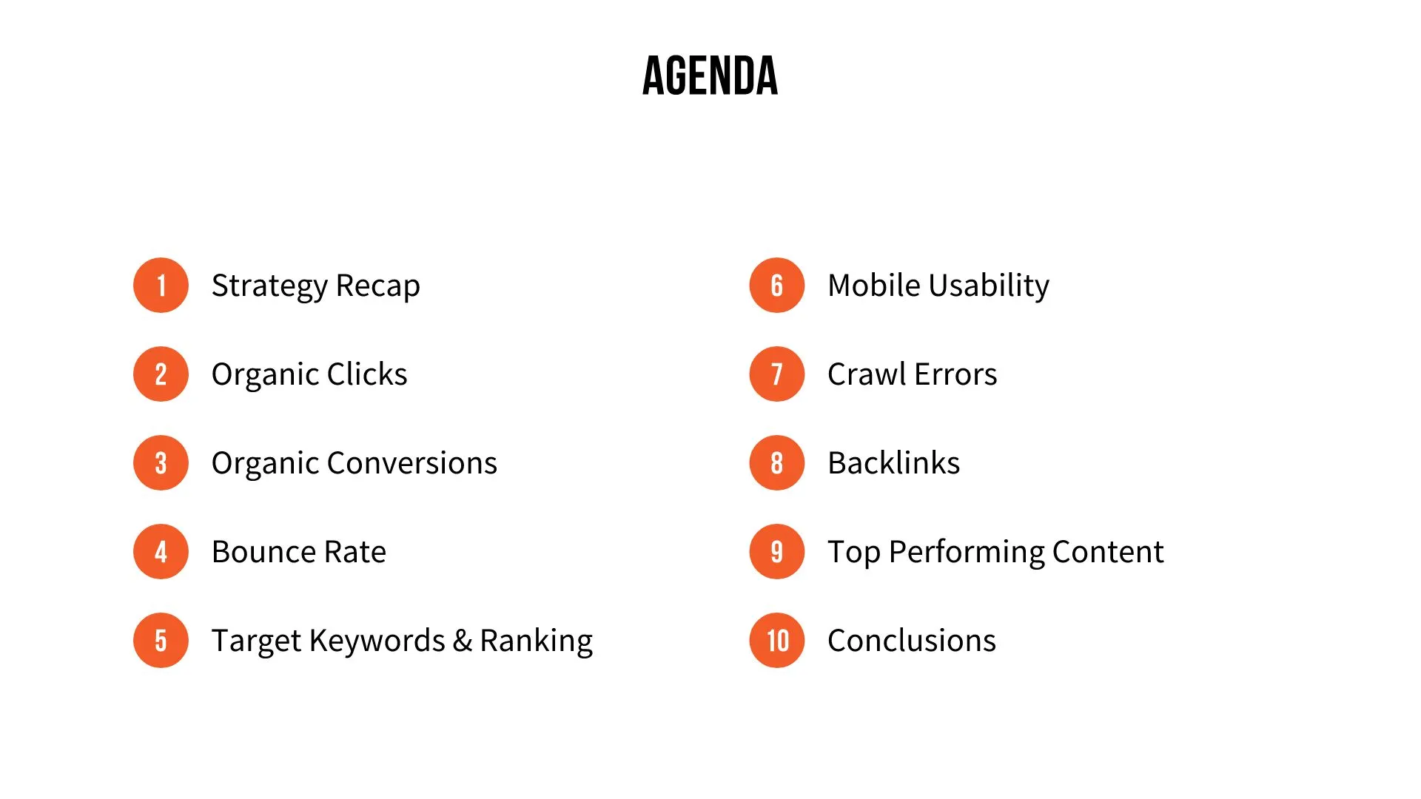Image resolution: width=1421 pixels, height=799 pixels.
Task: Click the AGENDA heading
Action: pos(710,75)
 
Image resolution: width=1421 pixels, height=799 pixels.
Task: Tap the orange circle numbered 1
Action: pos(161,286)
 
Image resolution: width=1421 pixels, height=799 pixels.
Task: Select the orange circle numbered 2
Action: pos(161,374)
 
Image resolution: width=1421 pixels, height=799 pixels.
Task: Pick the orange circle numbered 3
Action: pos(161,463)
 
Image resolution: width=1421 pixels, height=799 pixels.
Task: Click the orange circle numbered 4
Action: pos(161,552)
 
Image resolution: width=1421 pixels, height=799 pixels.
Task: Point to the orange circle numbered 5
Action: pos(161,641)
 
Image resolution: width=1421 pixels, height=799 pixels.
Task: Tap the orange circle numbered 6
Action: pos(776,286)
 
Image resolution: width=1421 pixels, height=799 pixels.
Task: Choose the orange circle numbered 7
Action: pos(776,374)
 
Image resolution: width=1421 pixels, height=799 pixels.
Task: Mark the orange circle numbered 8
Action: pos(776,463)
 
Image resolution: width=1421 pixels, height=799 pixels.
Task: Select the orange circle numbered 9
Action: pos(776,552)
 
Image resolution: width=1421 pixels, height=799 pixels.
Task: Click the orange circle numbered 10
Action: pos(776,641)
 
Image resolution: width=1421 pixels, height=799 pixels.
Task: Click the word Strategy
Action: pos(269,286)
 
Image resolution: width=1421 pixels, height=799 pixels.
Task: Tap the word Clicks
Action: pos(367,374)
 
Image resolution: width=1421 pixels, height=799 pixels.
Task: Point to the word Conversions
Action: pos(411,463)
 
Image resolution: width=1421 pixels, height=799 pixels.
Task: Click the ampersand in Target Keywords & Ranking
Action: pos(462,641)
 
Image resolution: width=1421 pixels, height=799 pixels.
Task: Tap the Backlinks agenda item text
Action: pos(893,463)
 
